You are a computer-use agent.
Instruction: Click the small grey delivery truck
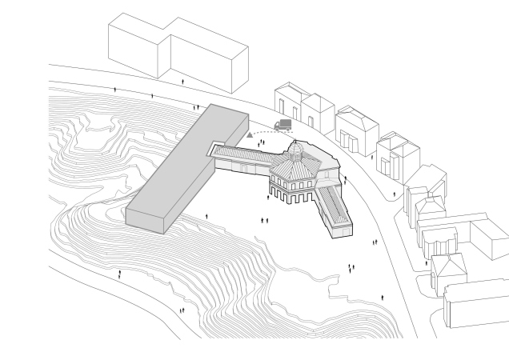(x=283, y=126)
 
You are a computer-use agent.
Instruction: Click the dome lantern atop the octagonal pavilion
(x=296, y=149)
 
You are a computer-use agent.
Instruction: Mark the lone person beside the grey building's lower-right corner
(x=207, y=216)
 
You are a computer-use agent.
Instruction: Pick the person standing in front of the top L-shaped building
(x=183, y=82)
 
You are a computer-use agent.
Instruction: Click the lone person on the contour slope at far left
(x=120, y=274)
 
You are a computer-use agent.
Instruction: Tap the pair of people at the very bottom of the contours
(x=182, y=310)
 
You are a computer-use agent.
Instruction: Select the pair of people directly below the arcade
(x=264, y=219)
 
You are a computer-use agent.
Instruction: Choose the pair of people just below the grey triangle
(x=262, y=143)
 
